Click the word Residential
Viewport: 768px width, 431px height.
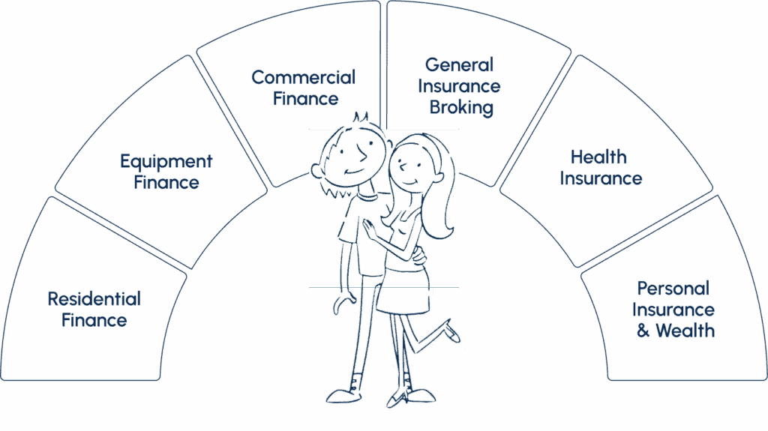point(94,299)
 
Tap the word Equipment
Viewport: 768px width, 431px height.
point(166,161)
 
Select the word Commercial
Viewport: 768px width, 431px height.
point(303,77)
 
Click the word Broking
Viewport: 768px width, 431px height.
point(461,107)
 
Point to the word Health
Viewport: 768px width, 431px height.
point(598,157)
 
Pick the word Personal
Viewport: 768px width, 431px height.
point(673,289)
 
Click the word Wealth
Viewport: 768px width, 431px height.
point(685,331)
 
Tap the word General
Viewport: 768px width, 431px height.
point(459,65)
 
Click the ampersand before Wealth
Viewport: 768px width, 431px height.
point(643,331)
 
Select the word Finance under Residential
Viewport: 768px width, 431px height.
point(94,321)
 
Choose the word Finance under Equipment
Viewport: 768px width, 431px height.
point(166,182)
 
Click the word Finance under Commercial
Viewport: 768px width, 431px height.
point(305,98)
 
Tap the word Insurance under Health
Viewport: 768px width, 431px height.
point(601,178)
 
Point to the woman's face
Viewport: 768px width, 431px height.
point(409,166)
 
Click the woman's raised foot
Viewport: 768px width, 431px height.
point(454,332)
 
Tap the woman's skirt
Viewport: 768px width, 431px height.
point(402,298)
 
